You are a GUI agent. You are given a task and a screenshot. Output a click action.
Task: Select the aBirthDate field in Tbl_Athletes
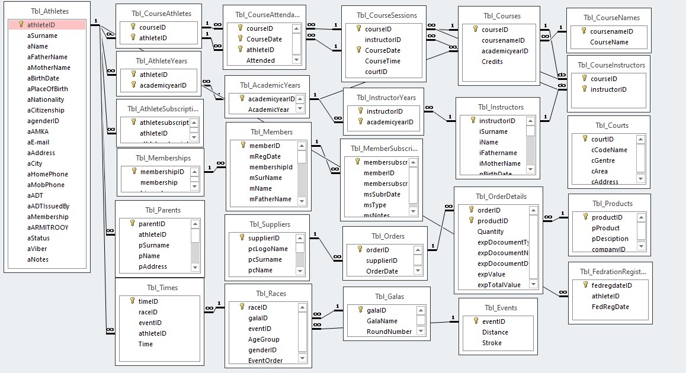43,78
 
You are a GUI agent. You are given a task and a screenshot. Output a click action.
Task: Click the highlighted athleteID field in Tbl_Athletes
41,25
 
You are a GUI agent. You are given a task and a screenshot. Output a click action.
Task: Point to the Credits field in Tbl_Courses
492,62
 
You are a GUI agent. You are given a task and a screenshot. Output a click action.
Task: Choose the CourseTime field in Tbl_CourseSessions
382,61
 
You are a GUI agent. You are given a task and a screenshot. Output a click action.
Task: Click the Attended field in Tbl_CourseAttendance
261,60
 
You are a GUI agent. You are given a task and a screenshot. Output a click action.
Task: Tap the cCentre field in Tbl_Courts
603,160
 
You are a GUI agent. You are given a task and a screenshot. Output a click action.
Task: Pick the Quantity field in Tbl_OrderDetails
491,231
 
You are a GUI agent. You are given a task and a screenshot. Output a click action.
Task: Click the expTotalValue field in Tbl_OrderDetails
499,285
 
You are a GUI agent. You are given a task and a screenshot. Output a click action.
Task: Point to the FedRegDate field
610,307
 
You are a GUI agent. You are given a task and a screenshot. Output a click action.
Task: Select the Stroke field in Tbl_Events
492,343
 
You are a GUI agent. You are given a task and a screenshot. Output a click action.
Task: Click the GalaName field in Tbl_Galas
382,321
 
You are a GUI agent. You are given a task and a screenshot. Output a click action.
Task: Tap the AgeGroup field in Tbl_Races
264,339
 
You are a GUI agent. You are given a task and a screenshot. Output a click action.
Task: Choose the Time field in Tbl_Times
146,344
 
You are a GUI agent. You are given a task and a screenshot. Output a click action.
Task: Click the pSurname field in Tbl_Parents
153,245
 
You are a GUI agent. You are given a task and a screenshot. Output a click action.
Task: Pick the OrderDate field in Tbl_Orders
382,271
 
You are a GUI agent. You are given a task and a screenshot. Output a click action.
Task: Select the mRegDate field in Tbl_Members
265,156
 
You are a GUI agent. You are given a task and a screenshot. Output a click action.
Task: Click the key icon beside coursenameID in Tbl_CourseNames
584,31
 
